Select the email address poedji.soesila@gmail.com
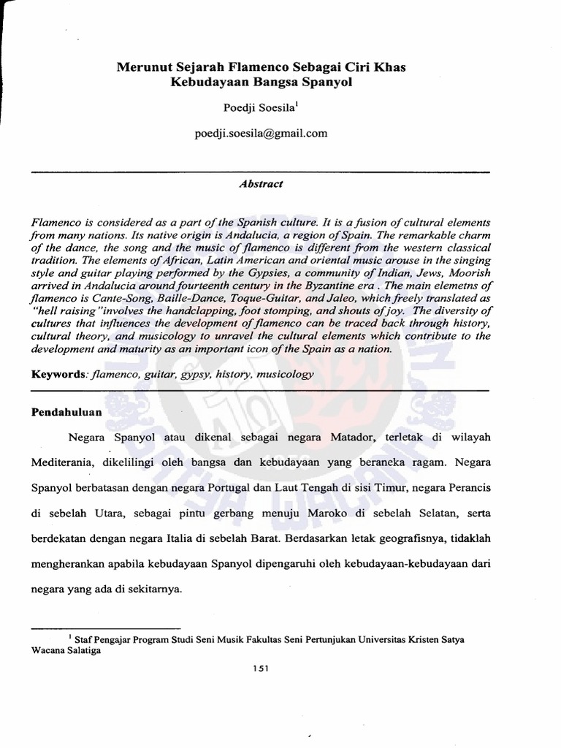click(261, 133)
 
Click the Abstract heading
click(261, 184)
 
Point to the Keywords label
click(58, 374)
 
